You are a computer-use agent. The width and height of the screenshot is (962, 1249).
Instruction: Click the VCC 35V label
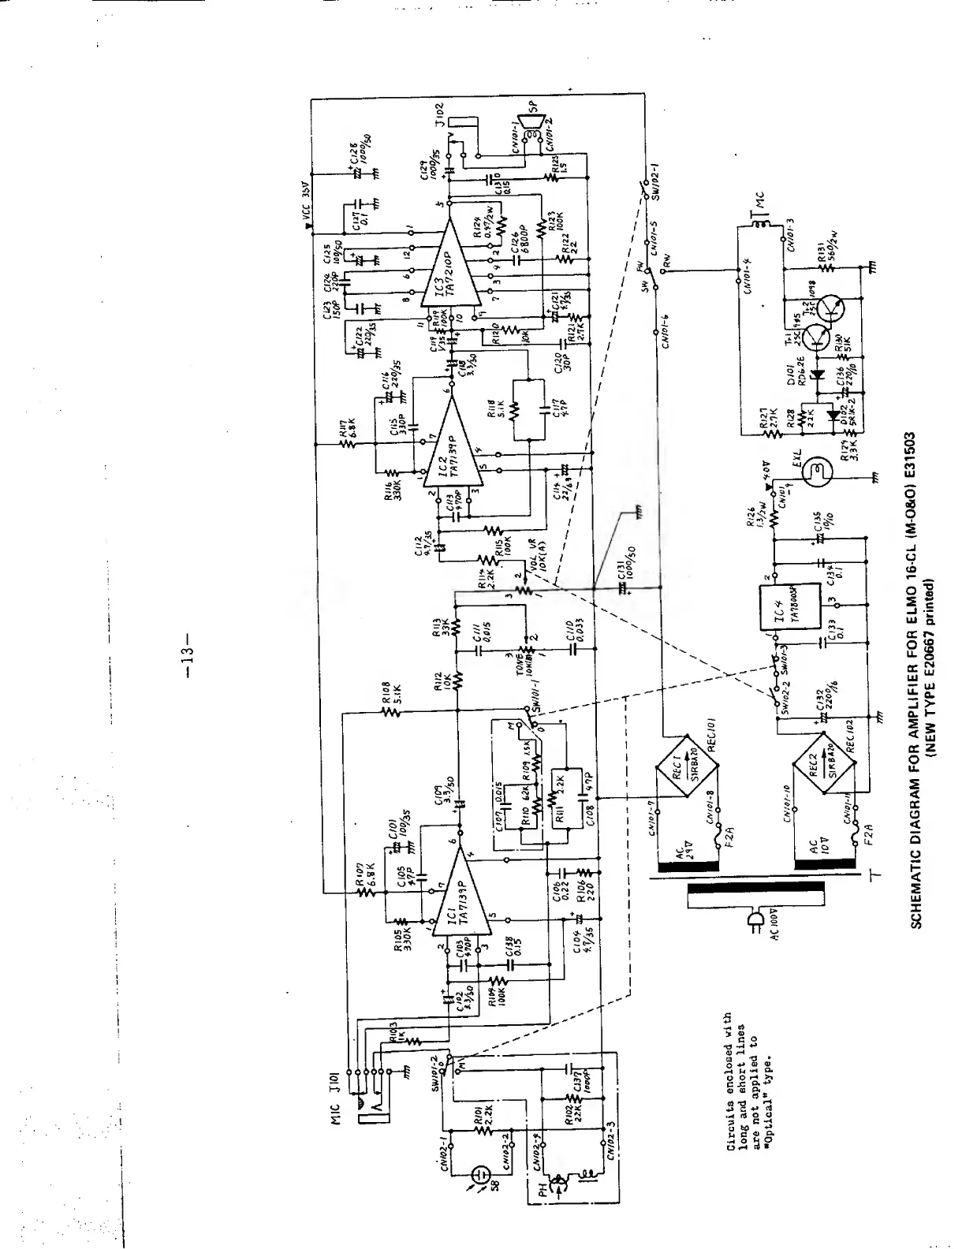[306, 207]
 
